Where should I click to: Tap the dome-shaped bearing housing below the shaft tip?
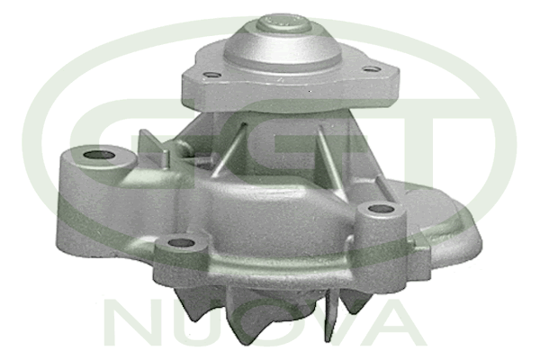click(283, 51)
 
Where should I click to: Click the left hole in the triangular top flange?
click(211, 75)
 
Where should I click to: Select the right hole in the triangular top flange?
click(372, 69)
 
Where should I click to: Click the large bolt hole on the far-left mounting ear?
click(98, 155)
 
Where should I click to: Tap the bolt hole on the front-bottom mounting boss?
click(181, 243)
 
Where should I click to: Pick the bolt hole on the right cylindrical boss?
click(381, 209)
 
